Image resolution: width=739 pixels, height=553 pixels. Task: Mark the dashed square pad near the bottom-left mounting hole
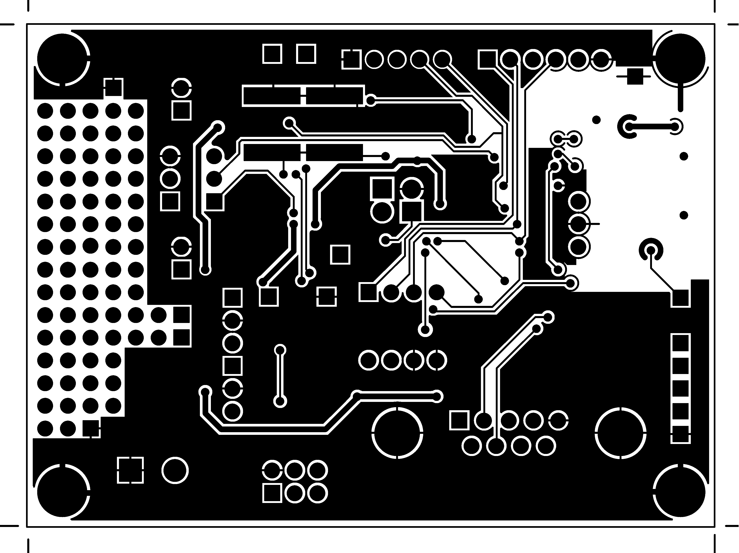coord(130,470)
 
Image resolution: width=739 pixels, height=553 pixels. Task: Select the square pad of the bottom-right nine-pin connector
coord(459,420)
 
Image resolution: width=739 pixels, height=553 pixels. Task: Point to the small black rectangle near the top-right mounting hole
coord(635,76)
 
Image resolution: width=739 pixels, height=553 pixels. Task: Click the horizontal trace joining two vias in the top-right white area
coord(652,126)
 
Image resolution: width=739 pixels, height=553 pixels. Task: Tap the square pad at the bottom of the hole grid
coord(91,428)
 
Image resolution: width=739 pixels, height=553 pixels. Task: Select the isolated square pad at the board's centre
coord(340,255)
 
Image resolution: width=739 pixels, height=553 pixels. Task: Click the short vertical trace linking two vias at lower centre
coord(280,376)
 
